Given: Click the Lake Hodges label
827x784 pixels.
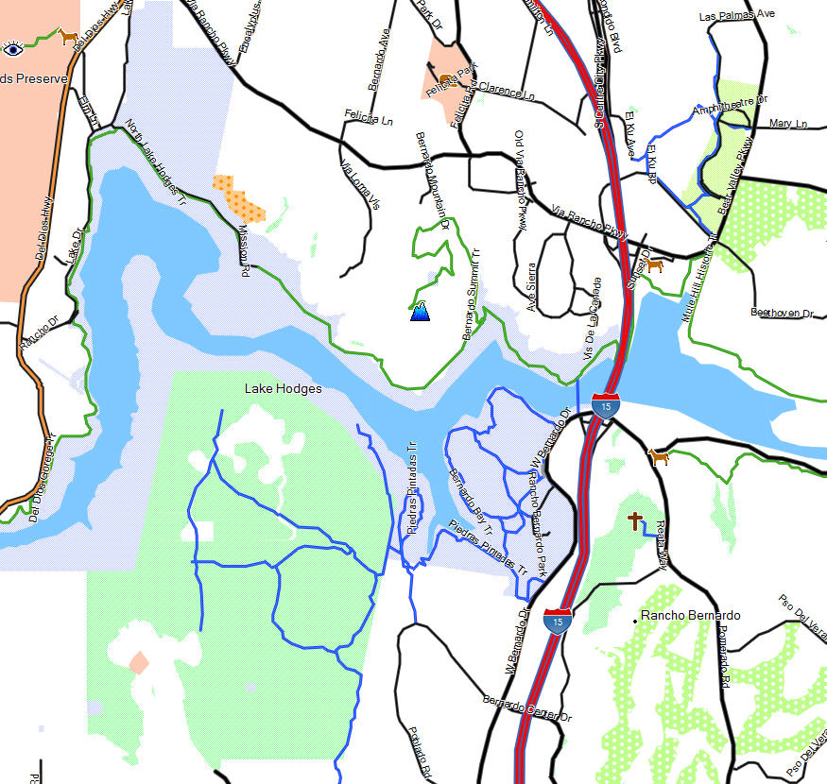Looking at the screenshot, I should (x=283, y=388).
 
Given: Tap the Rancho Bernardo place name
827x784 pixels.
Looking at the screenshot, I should (x=690, y=616).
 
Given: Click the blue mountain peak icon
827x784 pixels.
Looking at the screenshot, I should (x=420, y=310).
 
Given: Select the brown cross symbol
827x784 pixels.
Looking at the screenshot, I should (x=635, y=520).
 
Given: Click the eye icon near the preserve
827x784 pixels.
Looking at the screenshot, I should (x=12, y=49).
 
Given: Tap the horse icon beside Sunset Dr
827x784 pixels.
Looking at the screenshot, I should (x=654, y=265).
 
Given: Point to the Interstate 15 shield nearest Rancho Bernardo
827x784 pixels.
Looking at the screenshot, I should (x=558, y=621).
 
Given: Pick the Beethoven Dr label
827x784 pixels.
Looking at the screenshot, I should (x=782, y=313).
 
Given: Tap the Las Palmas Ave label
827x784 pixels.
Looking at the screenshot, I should (x=736, y=16).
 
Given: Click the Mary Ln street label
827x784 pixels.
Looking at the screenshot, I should (x=788, y=124).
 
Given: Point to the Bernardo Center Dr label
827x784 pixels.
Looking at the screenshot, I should (x=526, y=711).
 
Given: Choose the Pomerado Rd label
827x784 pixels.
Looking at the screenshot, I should (x=724, y=656).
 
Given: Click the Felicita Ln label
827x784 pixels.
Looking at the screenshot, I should (x=368, y=120).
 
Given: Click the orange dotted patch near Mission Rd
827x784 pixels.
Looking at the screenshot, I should (x=238, y=196).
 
